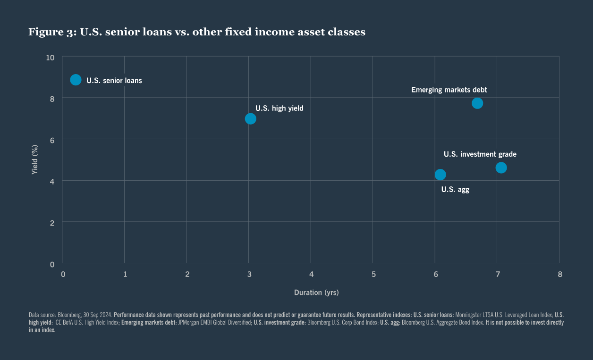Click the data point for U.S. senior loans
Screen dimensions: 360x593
[x=76, y=80]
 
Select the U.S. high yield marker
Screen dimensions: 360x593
[x=251, y=118]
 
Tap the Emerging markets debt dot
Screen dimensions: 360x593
[x=477, y=103]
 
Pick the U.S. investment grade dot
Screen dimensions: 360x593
[x=501, y=167]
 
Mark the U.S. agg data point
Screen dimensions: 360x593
[x=440, y=175]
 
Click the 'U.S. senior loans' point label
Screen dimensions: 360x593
[x=114, y=81]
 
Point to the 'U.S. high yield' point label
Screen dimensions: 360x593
[x=280, y=109]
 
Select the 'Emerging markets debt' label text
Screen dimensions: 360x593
[x=449, y=90]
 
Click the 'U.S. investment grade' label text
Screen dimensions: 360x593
[x=480, y=154]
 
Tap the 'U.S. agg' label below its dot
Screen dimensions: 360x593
[x=455, y=190]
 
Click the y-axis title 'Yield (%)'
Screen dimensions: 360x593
[x=34, y=159]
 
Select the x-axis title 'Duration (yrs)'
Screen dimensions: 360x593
[x=316, y=293]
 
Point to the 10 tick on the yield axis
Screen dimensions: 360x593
[x=51, y=58]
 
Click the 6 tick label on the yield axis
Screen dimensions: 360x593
[x=52, y=140]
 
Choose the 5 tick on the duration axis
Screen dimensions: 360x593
[x=373, y=274]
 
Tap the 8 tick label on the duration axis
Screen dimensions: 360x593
[x=559, y=274]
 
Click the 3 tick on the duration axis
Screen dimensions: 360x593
[x=249, y=274]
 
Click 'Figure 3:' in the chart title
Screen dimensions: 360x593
[x=49, y=33]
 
